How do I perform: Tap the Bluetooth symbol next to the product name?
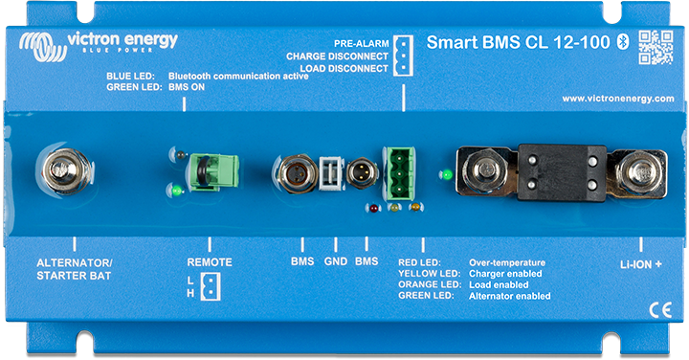point(619,41)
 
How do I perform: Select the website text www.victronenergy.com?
point(617,99)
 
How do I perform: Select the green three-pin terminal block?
point(403,172)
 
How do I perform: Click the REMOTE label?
point(209,261)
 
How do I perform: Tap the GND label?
point(335,261)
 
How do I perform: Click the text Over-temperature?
point(506,261)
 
